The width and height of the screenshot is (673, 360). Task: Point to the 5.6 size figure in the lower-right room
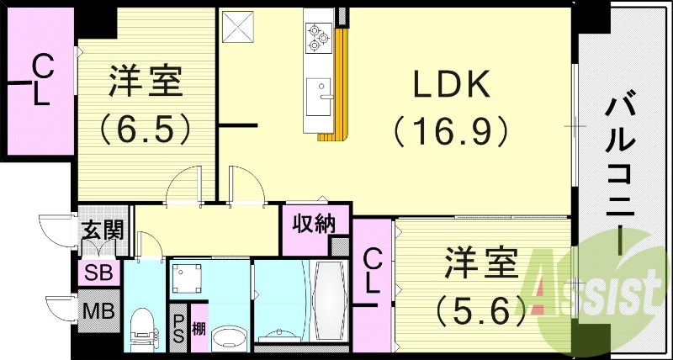(481, 312)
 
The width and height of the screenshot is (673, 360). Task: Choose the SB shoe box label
(101, 273)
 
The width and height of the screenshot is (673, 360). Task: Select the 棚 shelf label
(199, 327)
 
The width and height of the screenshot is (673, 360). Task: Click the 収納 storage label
(314, 224)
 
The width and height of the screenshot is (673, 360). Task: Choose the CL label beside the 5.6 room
(371, 272)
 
